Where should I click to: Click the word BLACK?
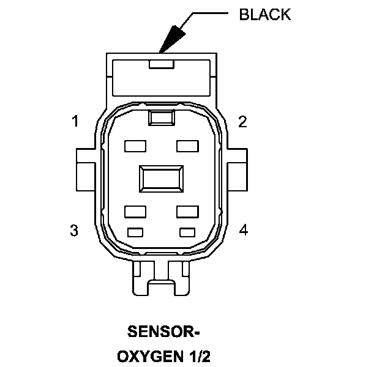point(264,15)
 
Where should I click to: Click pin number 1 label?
point(75,122)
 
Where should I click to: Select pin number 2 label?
point(242,122)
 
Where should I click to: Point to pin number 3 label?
point(74,231)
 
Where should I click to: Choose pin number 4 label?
point(243,231)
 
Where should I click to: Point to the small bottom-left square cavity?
point(134,232)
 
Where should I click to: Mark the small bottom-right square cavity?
point(187,232)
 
